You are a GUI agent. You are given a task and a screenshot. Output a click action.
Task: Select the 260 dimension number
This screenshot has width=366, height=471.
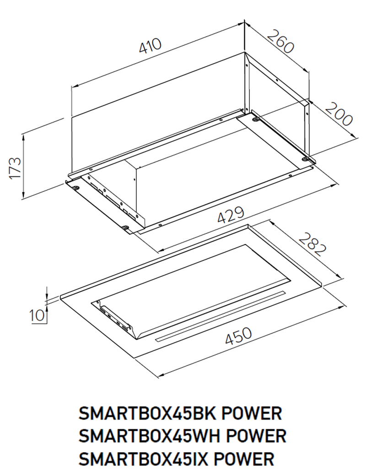point(280,41)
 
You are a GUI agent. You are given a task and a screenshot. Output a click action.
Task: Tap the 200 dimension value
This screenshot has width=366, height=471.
point(339,114)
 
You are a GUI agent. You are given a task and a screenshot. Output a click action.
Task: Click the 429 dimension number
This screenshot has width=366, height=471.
point(231,214)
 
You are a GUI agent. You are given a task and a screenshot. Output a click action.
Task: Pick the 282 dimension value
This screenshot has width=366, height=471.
point(312,244)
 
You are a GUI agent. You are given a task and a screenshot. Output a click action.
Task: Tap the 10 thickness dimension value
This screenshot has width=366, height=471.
point(36,315)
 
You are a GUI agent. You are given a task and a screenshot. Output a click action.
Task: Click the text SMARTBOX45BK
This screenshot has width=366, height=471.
point(147,414)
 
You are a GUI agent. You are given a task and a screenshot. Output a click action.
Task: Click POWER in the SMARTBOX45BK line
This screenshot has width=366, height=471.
point(252,414)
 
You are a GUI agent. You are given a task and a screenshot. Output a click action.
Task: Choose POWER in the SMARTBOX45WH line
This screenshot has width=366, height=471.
point(256,436)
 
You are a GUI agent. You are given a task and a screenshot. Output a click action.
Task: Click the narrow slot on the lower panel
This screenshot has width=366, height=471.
point(221,316)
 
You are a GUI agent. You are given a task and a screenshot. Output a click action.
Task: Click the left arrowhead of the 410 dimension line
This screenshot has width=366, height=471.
point(75,86)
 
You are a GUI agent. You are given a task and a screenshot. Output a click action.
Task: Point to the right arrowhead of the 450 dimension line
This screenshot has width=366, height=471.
point(340,308)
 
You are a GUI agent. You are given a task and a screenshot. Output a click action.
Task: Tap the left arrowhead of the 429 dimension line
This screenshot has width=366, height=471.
point(161,249)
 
